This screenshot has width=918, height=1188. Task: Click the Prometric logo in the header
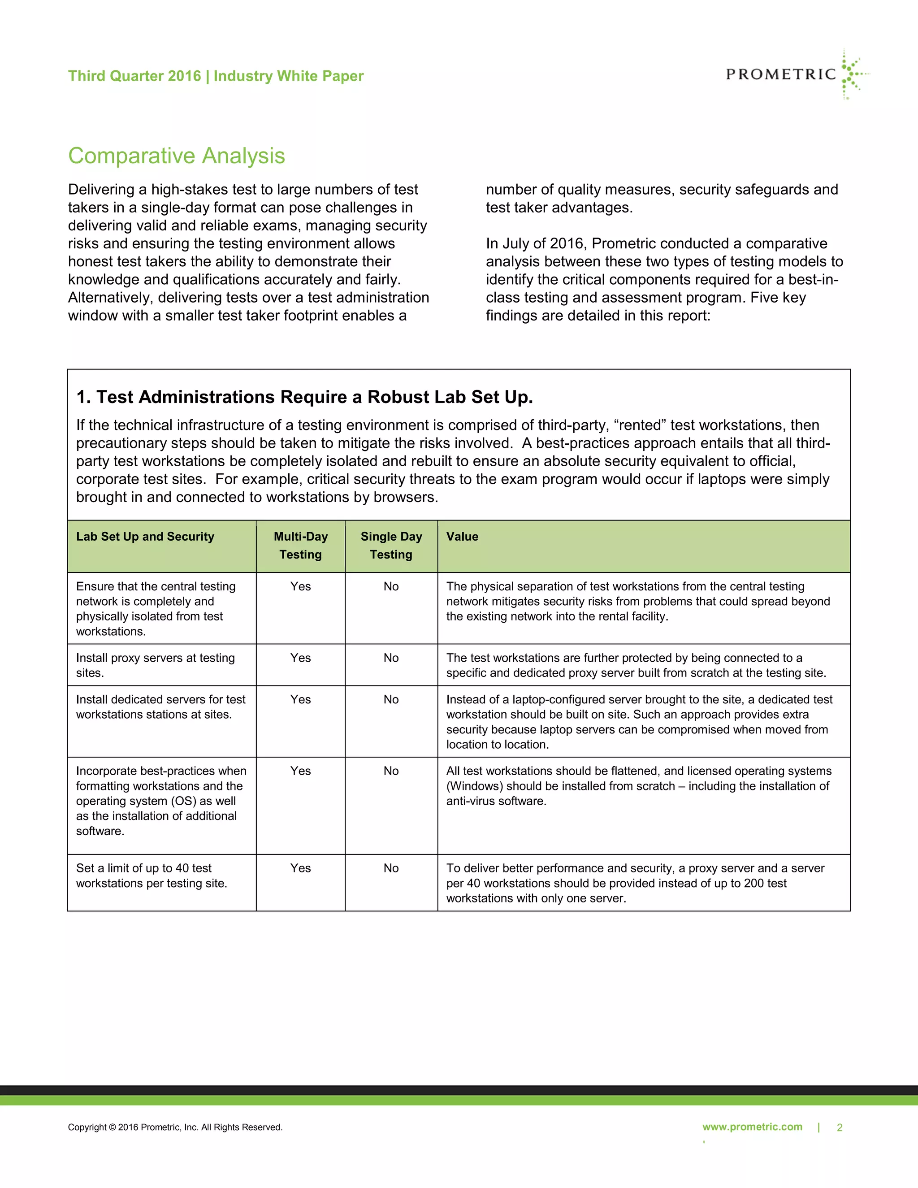796,74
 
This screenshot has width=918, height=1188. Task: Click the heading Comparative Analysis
176,156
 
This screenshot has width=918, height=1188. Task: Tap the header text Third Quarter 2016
134,76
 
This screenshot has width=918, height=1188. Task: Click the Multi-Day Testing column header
300,545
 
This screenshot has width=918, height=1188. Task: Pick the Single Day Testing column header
391,545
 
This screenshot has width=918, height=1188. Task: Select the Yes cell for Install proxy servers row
300,658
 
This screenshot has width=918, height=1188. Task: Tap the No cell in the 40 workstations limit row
391,868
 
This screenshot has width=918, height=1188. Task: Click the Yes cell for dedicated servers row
300,699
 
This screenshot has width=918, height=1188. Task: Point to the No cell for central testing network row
391,586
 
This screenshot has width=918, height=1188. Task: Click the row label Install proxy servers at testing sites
155,665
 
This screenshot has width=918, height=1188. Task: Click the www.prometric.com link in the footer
752,1127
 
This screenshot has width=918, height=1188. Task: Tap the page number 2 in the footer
839,1127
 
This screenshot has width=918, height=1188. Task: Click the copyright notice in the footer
175,1127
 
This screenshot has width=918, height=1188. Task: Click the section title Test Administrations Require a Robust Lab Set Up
304,397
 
